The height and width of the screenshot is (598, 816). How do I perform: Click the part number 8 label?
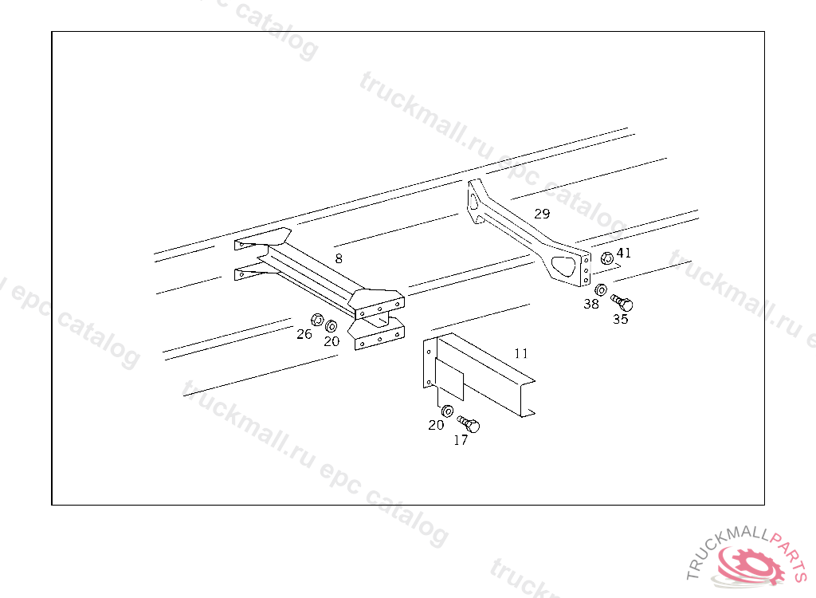pos(339,258)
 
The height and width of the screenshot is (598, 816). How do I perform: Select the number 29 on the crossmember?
pos(542,214)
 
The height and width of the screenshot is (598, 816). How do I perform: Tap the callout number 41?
pos(623,254)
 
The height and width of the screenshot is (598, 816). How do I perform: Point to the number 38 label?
pos(591,304)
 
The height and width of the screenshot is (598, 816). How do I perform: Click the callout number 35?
pos(620,319)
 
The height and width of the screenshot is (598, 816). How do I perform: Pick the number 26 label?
pos(304,334)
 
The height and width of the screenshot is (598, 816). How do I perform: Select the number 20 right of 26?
pos(331,341)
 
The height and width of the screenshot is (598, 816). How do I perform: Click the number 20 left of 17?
pos(436,426)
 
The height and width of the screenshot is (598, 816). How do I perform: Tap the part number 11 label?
pos(521,354)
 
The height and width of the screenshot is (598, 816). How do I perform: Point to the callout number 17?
pos(461,441)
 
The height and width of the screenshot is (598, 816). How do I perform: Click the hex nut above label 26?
pos(317,319)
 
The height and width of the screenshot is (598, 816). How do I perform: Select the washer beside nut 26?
pos(331,327)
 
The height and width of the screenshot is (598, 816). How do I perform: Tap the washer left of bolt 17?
pos(447,411)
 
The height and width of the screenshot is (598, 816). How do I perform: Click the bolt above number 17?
pos(469,423)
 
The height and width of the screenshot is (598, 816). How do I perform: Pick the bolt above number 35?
pos(622,302)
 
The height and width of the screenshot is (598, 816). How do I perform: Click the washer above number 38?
pos(601,289)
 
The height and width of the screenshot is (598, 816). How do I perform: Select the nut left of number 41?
pos(606,258)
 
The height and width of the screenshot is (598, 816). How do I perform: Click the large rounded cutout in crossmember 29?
pos(565,266)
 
